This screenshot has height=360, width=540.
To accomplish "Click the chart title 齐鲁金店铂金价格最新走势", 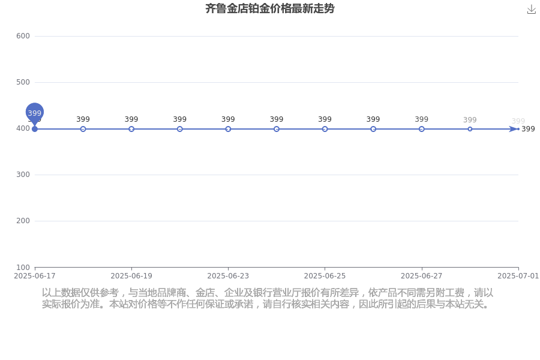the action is pos(269,8).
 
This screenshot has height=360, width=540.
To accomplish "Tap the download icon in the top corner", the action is pos(532,10).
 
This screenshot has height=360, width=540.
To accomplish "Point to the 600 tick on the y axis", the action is pos(23,36).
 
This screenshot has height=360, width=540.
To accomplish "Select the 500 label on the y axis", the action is pos(23,82).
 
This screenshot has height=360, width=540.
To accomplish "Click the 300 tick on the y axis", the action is pos(23,175).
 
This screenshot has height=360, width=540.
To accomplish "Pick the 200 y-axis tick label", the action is pos(23,221).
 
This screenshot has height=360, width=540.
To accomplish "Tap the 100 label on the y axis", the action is pos(23,268).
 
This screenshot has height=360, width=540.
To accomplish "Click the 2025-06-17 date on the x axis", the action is pos(34,276).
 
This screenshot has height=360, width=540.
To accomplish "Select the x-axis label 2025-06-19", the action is pos(131,276).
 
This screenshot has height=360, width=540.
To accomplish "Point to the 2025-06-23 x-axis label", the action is pos(228,276).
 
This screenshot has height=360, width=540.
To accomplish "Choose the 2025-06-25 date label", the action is pos(325,276).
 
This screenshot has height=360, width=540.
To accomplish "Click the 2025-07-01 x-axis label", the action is pos(518,276).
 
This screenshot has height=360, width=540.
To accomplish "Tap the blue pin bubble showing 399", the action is pos(34,113).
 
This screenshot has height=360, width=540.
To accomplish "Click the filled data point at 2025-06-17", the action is pos(34,129).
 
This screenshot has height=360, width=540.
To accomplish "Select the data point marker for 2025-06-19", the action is pos(131,129).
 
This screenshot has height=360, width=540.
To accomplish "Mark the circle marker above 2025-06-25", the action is pos(325,129).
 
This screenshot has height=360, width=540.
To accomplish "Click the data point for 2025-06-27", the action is pos(422,129).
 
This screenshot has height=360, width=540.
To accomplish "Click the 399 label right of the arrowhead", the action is pos(528,129).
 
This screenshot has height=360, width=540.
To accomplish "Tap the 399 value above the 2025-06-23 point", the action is pos(228,119).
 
